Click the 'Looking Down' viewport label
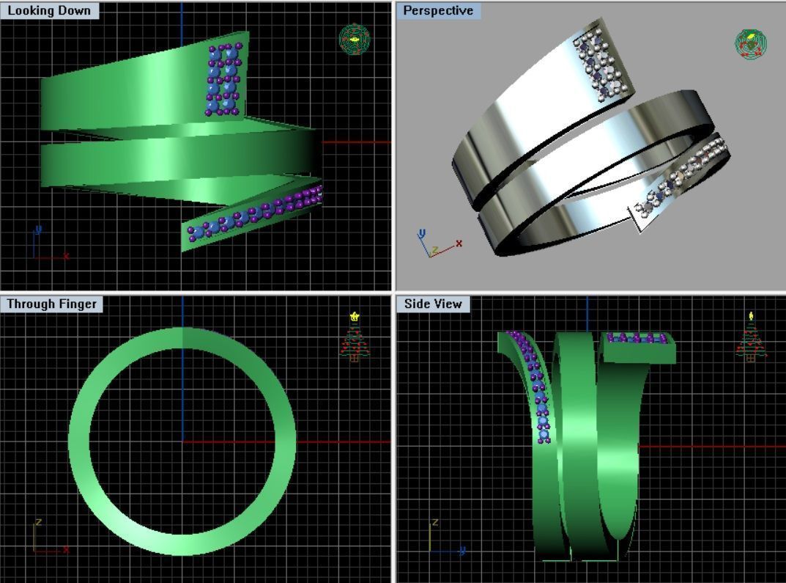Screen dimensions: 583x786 point(49,10)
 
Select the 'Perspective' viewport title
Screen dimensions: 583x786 point(438,10)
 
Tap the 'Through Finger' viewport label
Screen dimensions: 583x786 point(51,304)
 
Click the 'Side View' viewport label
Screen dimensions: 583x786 point(433,304)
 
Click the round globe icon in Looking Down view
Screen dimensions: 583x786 point(355,39)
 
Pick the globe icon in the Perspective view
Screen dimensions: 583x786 point(751,44)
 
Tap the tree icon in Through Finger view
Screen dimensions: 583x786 point(355,337)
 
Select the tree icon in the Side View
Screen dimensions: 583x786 point(751,337)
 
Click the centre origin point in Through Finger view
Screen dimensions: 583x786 point(182,441)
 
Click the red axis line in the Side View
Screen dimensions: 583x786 point(711,446)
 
